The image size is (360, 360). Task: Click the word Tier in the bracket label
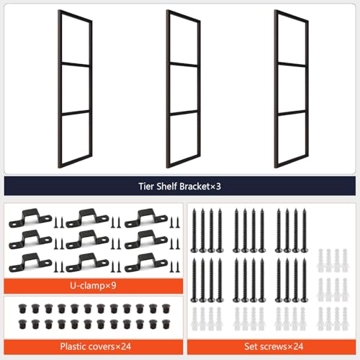click(146, 186)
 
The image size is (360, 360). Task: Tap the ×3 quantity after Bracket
click(215, 186)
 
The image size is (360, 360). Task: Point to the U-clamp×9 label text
click(93, 286)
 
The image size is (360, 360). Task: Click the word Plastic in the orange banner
click(73, 346)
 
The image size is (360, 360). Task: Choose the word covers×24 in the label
click(109, 346)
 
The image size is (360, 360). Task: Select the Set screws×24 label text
click(274, 346)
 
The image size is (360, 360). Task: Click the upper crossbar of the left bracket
click(76, 64)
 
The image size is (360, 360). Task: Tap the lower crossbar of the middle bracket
click(184, 113)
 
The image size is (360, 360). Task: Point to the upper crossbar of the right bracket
click(292, 64)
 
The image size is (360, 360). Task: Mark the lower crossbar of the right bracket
click(292, 113)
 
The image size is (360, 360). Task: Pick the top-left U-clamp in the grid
click(30, 218)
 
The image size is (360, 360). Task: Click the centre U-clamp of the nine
click(87, 240)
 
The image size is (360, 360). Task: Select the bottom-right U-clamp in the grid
click(146, 263)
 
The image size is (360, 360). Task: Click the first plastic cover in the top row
click(22, 309)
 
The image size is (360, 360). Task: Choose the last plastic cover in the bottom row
click(166, 324)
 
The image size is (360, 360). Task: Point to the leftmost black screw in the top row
click(194, 230)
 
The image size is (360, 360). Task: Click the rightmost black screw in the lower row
click(305, 280)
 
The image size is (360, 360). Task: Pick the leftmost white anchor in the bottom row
click(194, 319)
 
